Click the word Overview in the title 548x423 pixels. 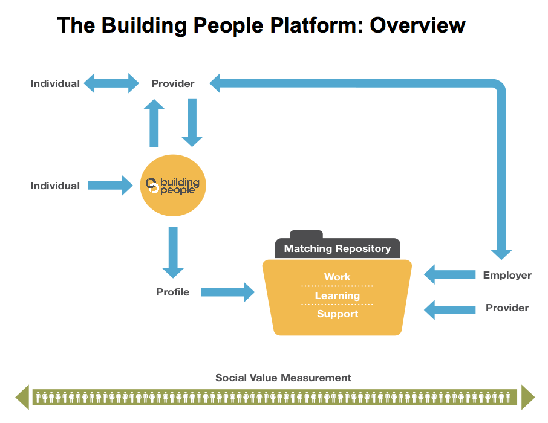[417, 25]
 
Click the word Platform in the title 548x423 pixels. [316, 25]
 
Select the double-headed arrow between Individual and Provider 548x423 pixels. [111, 83]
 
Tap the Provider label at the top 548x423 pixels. [173, 83]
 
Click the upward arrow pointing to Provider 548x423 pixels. [154, 123]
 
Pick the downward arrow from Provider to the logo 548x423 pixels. [192, 123]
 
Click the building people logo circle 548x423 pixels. [173, 186]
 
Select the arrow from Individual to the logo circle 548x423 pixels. [111, 186]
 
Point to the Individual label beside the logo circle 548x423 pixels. [55, 186]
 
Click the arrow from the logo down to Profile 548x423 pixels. [173, 253]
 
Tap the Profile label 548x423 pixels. [173, 292]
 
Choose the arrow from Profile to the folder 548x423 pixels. [228, 292]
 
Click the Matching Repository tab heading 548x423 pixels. [338, 248]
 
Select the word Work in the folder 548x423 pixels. [338, 277]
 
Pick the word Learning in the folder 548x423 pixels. [338, 296]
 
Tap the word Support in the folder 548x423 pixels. [338, 314]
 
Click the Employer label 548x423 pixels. [507, 275]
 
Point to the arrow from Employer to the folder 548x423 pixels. [450, 274]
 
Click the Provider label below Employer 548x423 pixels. [507, 308]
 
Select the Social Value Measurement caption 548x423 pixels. [283, 378]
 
